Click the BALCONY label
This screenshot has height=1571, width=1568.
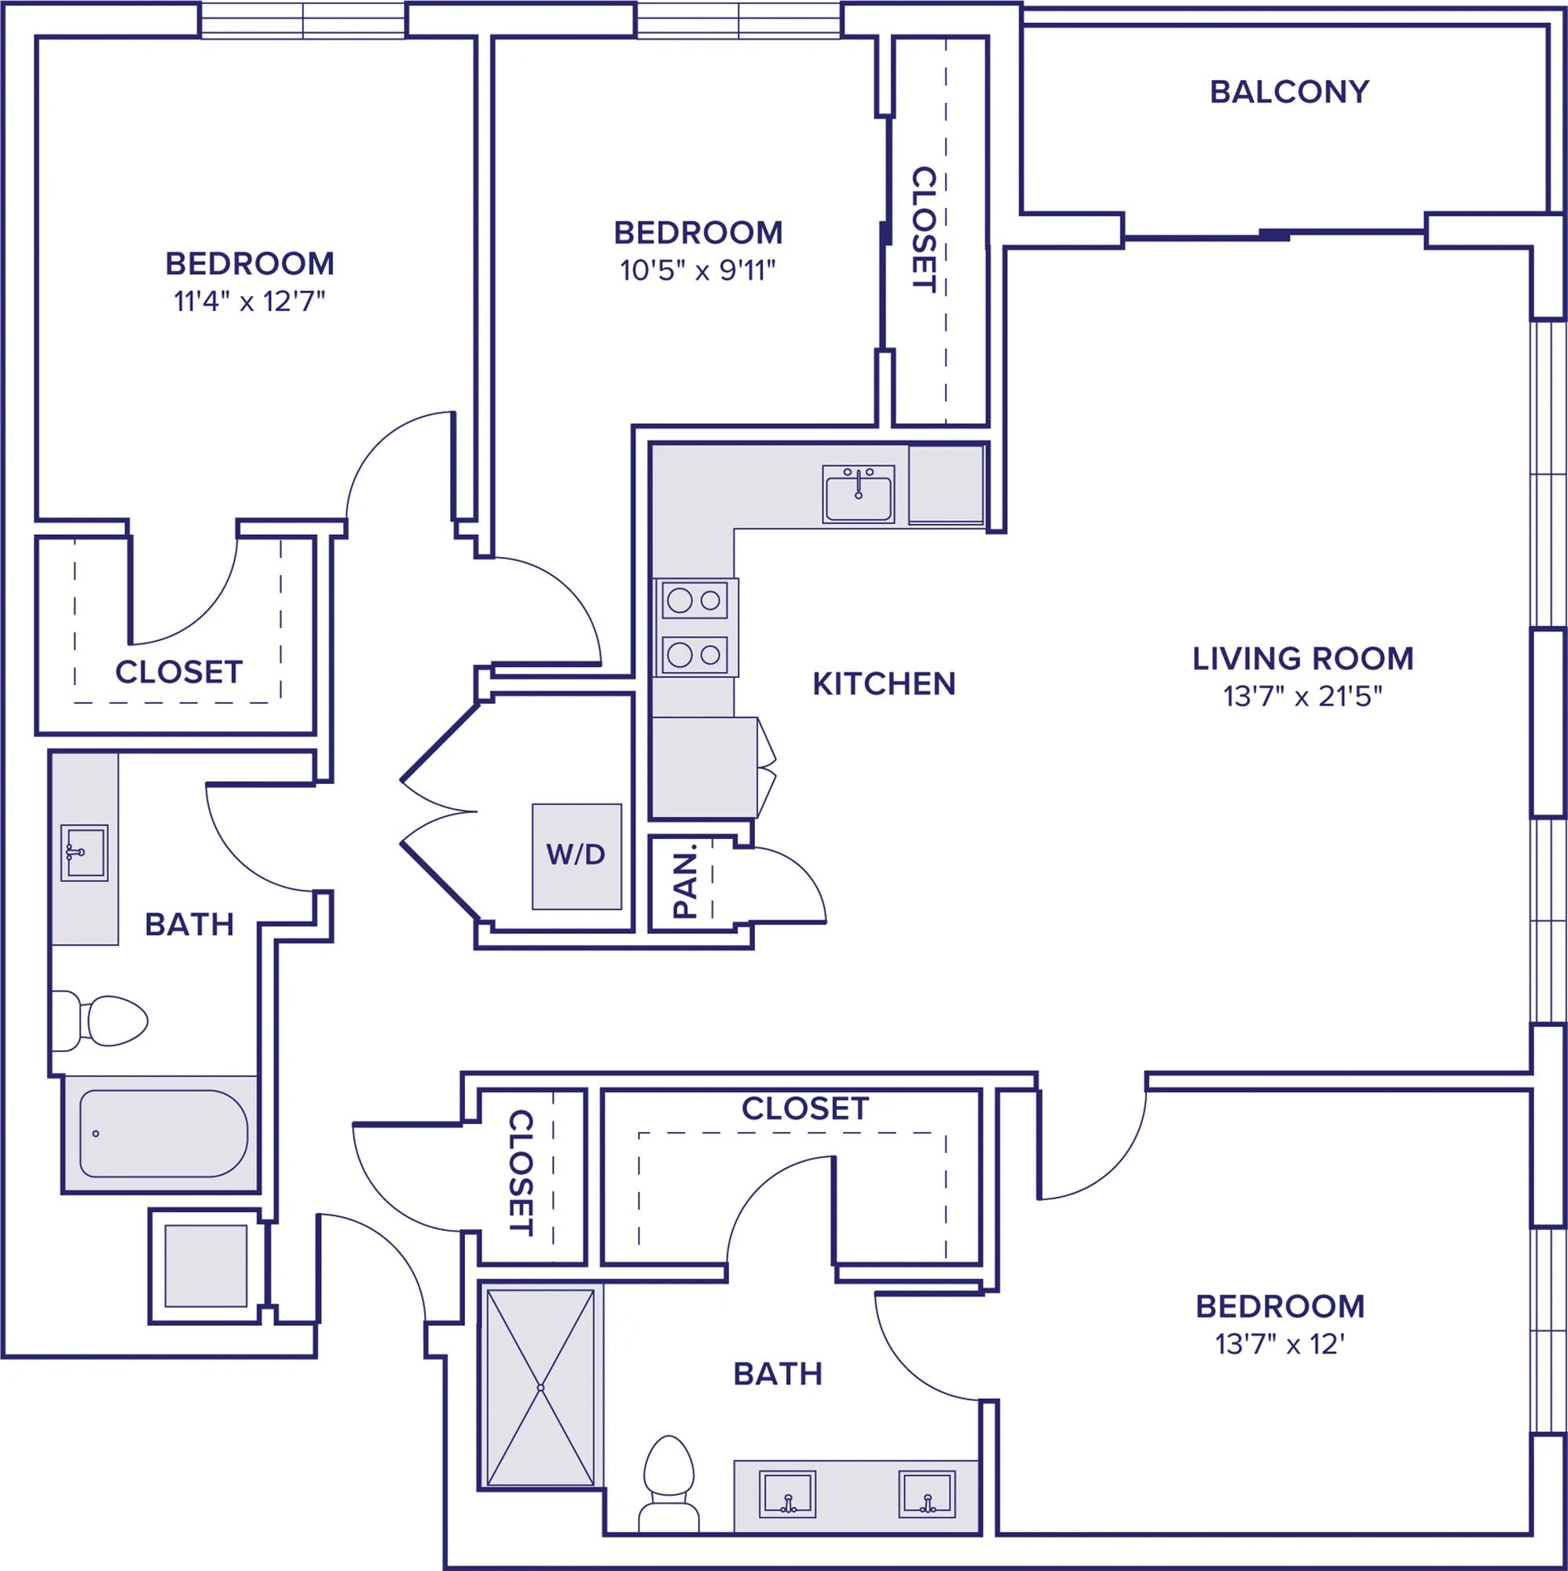click(1289, 92)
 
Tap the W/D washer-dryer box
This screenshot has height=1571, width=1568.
click(577, 856)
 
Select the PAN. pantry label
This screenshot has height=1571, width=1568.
click(687, 881)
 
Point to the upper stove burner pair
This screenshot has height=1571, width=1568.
click(694, 601)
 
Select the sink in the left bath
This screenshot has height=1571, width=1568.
click(85, 852)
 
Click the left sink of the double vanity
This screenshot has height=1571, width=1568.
click(787, 1495)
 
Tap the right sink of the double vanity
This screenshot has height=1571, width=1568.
click(927, 1494)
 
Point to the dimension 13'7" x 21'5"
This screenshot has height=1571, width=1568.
click(1304, 697)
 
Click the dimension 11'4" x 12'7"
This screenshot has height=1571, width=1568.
click(250, 302)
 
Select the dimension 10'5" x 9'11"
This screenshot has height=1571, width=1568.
click(698, 270)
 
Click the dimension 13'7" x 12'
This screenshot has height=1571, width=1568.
click(1279, 1344)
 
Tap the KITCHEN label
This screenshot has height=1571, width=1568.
click(884, 685)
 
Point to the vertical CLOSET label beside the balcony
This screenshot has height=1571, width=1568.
click(925, 229)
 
